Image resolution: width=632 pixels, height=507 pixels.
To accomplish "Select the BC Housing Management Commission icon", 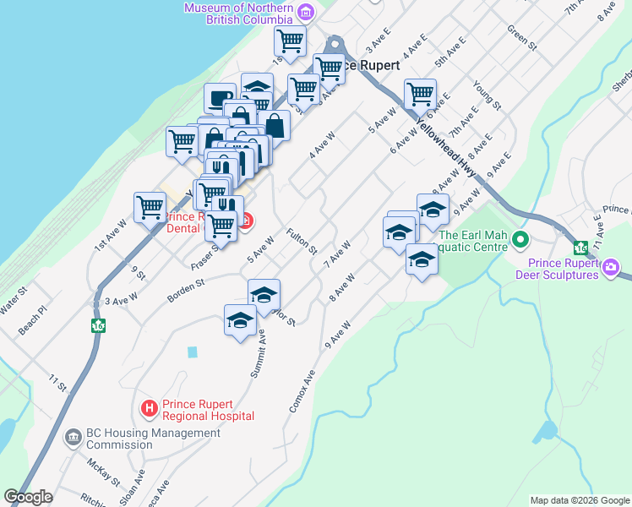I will click(x=74, y=438).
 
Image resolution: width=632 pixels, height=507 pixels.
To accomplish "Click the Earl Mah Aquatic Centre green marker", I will click(x=520, y=241).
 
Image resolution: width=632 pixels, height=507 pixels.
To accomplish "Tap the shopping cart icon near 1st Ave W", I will click(x=150, y=206).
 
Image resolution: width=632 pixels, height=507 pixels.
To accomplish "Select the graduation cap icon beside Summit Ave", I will click(x=240, y=320).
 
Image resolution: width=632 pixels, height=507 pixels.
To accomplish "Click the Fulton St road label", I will click(x=301, y=243).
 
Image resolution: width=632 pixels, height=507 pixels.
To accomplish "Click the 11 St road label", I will click(x=57, y=384).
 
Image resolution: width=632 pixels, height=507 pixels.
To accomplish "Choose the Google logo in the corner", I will click(x=29, y=497).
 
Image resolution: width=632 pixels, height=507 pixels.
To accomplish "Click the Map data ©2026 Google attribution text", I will click(x=579, y=500).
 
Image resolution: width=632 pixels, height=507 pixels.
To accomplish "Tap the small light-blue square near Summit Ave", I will click(x=193, y=351).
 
